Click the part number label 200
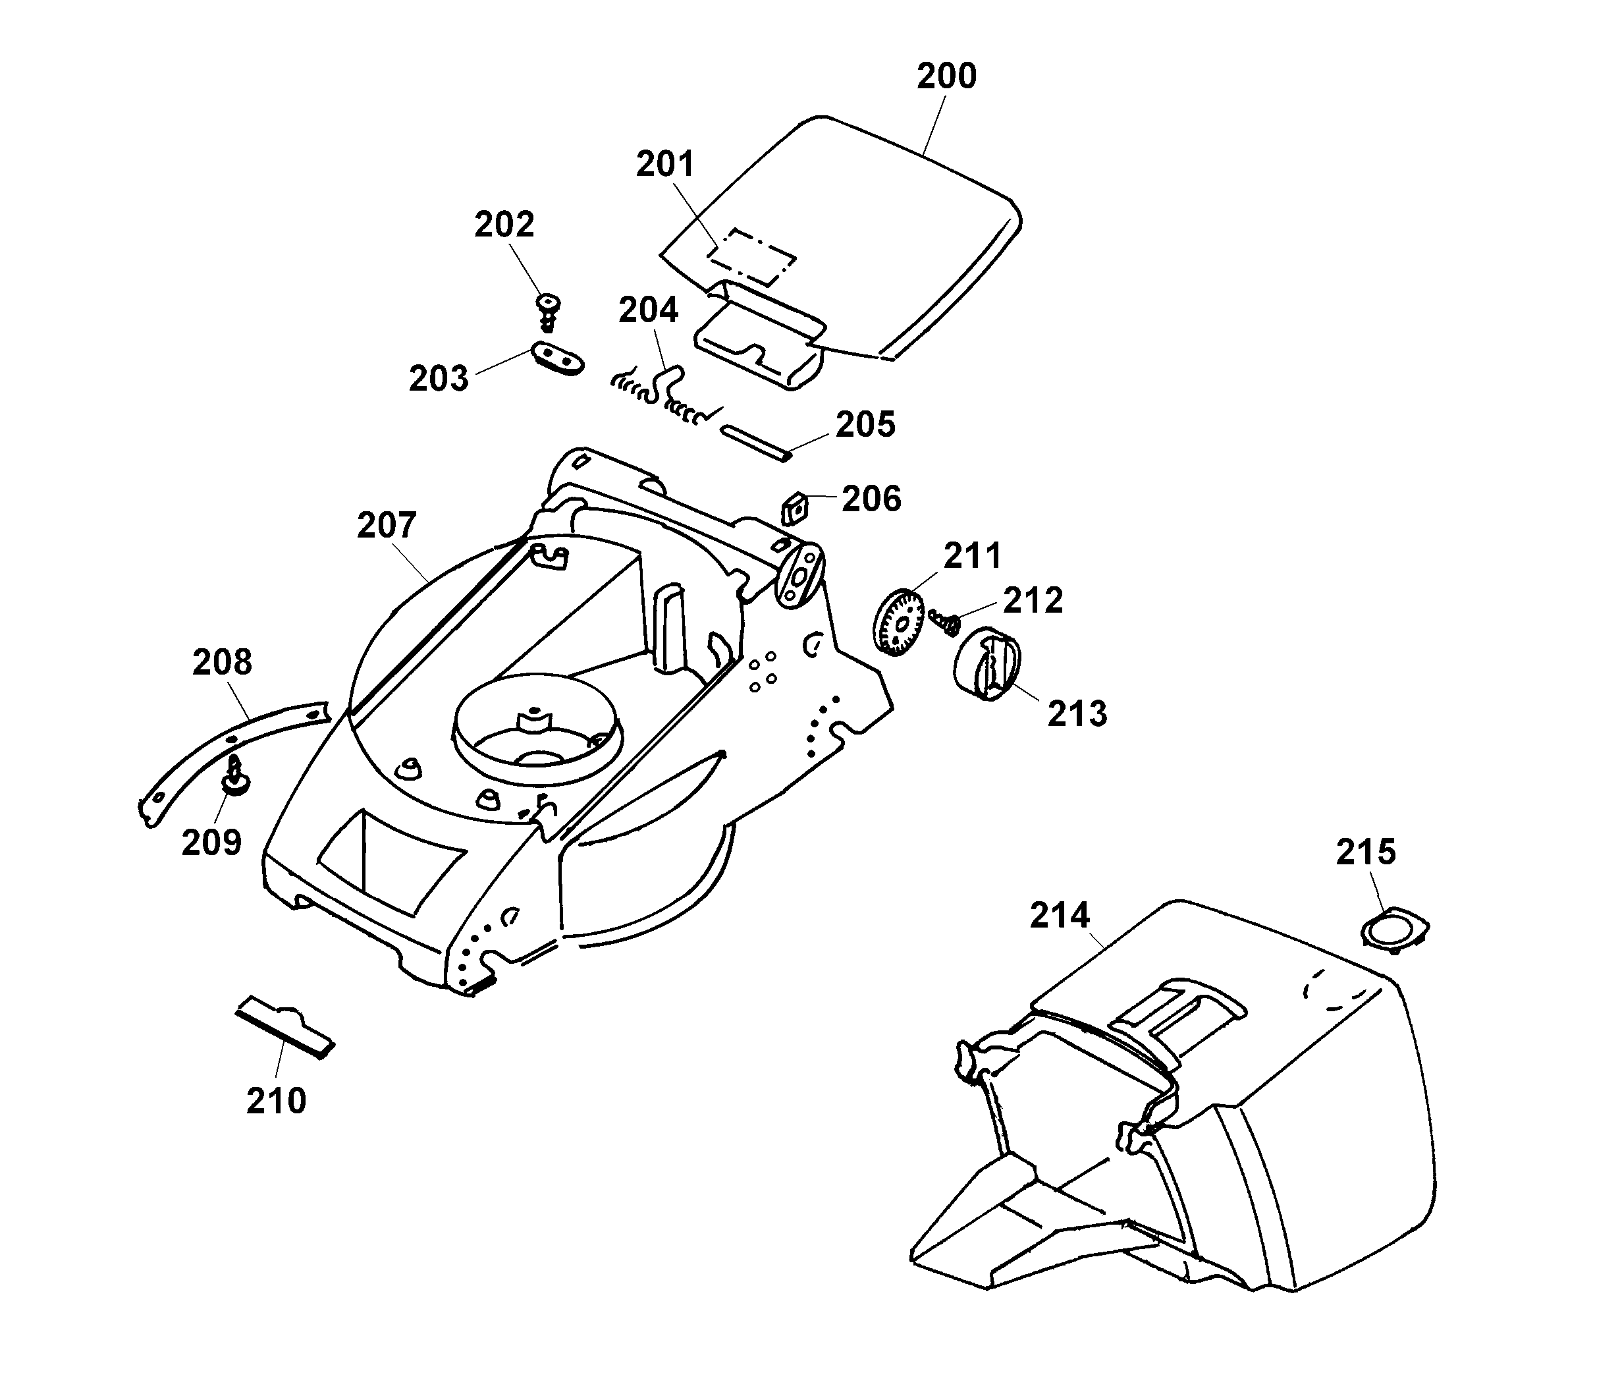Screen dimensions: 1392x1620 point(946,76)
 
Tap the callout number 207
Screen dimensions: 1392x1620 point(387,526)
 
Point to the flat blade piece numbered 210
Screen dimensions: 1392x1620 point(285,1026)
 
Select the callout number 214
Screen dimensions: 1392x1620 point(1060,915)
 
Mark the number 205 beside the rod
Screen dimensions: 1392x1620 point(865,426)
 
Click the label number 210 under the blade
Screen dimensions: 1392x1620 point(276,1101)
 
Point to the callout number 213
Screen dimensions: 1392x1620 point(1077,714)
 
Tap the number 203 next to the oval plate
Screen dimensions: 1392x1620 point(439,379)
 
